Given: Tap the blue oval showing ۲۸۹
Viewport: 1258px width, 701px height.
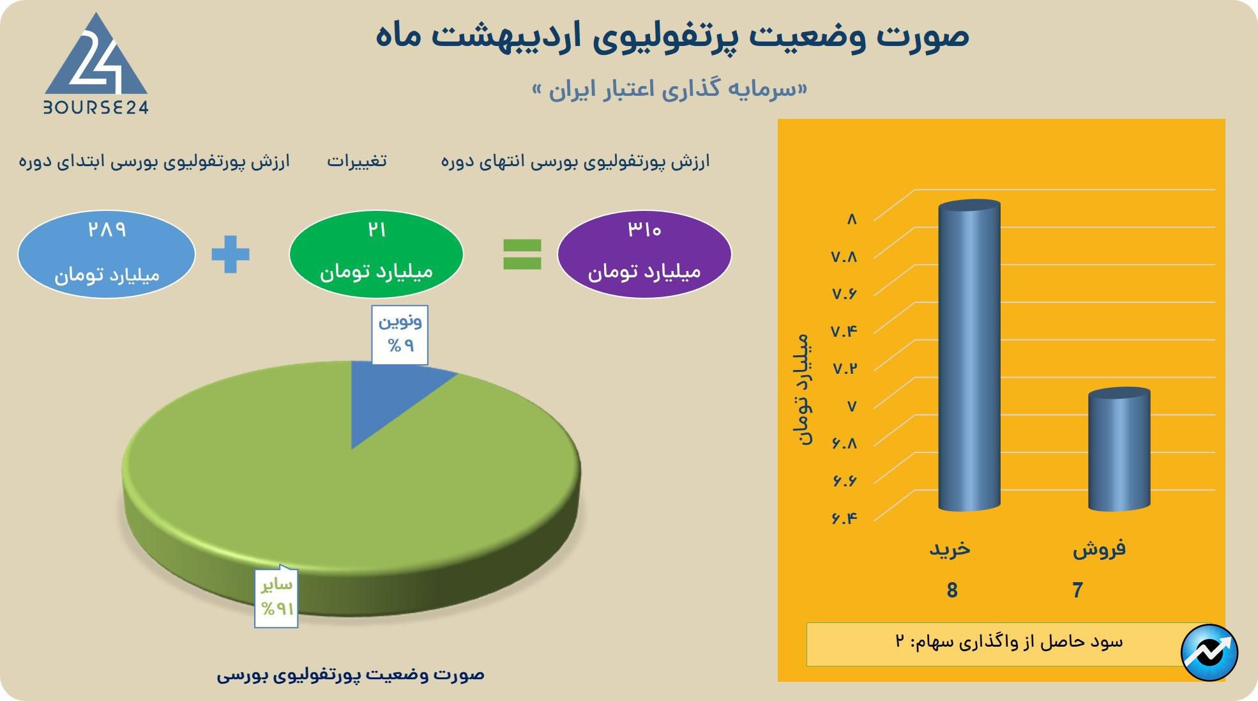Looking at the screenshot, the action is pos(106,254).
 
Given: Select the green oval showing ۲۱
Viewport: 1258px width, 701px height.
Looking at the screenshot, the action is pos(376,254).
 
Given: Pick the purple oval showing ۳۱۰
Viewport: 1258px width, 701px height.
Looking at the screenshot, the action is pos(644,254).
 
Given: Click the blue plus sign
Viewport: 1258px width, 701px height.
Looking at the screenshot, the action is pos(231,254).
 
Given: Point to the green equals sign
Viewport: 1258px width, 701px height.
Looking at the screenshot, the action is pos(522,254).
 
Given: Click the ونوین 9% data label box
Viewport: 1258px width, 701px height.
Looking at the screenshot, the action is pos(400,334).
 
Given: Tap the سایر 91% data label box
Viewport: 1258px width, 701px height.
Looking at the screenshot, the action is pos(277,597).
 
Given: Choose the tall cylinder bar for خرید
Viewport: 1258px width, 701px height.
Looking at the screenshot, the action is pos(969,355).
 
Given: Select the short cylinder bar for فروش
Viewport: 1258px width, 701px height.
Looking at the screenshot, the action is pos(1119,449).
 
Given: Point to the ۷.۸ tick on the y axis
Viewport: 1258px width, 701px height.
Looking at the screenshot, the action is pos(844,256).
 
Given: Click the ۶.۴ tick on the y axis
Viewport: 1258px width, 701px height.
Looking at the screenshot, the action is pos(844,518).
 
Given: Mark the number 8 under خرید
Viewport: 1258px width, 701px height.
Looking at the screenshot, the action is pos(952,590).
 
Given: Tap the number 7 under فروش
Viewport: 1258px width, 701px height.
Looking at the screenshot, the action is pos(1078,590).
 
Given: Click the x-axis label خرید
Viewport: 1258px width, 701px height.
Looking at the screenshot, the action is pos(950,548).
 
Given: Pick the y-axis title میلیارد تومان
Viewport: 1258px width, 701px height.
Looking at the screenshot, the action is pos(803,389).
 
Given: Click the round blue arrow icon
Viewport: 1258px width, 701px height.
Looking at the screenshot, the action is pos(1209,652).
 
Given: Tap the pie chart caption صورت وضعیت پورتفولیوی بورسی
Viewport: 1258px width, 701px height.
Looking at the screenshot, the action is pos(351,674).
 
